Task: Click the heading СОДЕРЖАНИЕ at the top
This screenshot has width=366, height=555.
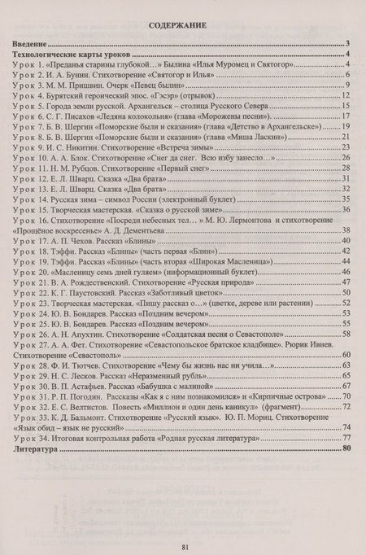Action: click(183, 26)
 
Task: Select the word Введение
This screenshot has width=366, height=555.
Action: click(31, 45)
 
